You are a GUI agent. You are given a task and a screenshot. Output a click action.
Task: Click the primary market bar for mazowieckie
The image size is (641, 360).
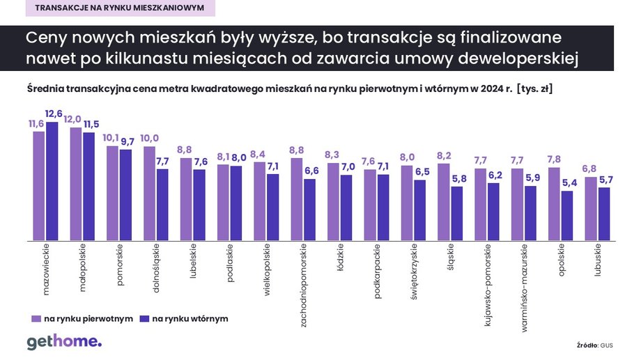click(39, 185)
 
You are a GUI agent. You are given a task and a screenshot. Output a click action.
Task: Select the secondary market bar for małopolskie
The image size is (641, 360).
click(88, 185)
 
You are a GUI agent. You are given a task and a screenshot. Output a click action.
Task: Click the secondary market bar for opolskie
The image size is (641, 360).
click(567, 214)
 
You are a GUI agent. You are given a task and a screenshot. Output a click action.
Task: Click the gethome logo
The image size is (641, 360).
click(64, 342)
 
